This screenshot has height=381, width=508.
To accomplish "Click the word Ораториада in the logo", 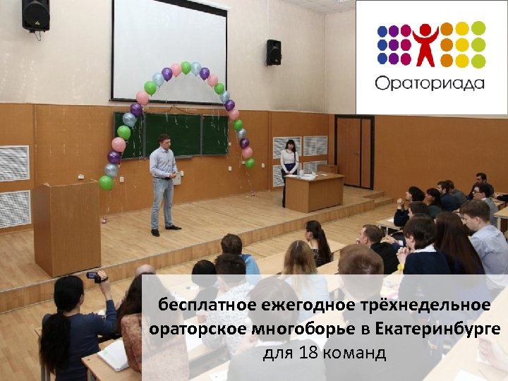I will tap(430, 83).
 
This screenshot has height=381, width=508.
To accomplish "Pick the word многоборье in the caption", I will tap(302, 329).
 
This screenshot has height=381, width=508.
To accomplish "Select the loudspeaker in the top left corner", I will tap(35, 16).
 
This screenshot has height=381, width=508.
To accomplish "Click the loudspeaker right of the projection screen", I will tap(274, 52).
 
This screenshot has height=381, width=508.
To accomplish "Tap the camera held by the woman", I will tap(92, 276).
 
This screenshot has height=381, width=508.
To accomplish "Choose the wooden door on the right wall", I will tap(354, 152).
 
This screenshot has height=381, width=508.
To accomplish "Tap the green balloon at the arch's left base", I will tap(106, 183).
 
